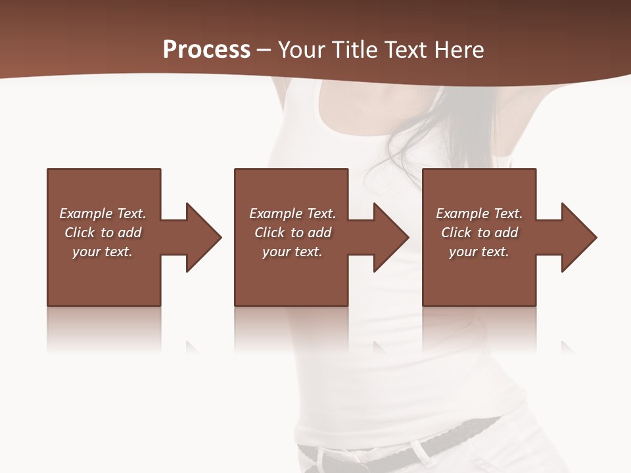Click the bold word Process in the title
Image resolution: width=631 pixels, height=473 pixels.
coord(206,50)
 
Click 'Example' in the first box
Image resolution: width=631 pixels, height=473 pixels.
coord(85,214)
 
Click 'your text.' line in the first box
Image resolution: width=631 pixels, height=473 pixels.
coord(103,252)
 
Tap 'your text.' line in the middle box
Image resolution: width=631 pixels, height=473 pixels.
coord(292,252)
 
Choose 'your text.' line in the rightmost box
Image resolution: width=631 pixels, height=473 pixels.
coord(479,252)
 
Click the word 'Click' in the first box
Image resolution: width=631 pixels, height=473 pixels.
coord(80,233)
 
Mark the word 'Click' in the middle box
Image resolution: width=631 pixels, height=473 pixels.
coord(269,233)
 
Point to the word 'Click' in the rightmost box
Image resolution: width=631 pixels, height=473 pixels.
coord(456,233)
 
